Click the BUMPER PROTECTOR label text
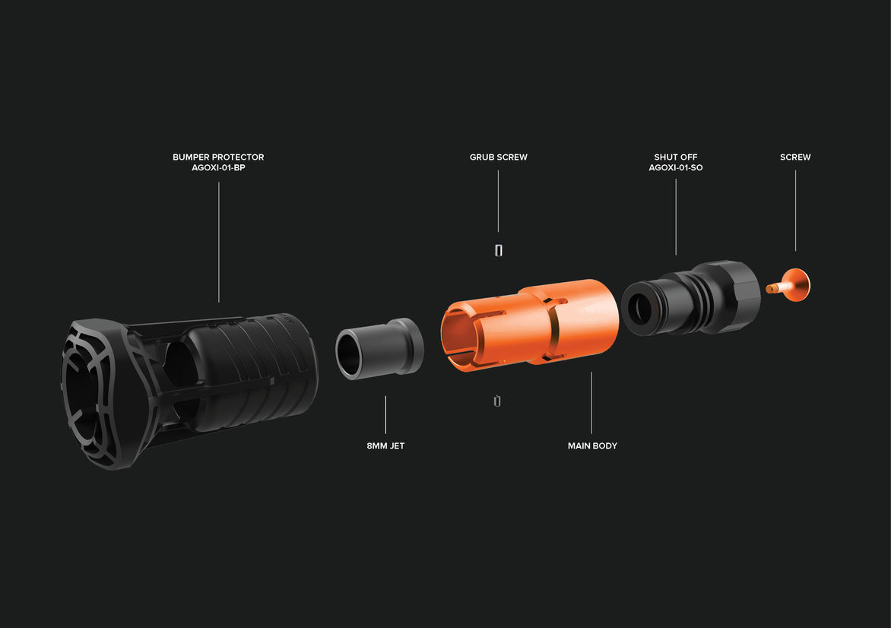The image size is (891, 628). tap(218, 157)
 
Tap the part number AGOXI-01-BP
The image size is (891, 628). tap(218, 168)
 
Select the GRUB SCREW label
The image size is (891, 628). tap(499, 157)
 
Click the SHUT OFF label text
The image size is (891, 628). tap(676, 157)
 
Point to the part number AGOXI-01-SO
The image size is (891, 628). tap(676, 168)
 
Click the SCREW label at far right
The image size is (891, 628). tap(795, 157)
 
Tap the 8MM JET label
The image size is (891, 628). tap(385, 446)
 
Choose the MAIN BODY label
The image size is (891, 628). tap(592, 446)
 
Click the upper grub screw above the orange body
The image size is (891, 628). tap(499, 250)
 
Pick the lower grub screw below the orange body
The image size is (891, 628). tap(497, 401)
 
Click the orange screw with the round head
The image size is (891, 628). tap(791, 285)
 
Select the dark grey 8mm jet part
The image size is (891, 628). tap(379, 347)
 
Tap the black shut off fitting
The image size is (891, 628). tap(691, 298)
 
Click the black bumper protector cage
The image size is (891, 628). tap(189, 391)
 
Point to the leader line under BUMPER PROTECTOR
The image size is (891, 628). tap(219, 242)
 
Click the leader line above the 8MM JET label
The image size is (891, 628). tap(385, 415)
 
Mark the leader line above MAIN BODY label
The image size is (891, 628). tap(591, 403)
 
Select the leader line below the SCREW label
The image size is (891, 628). tap(795, 211)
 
